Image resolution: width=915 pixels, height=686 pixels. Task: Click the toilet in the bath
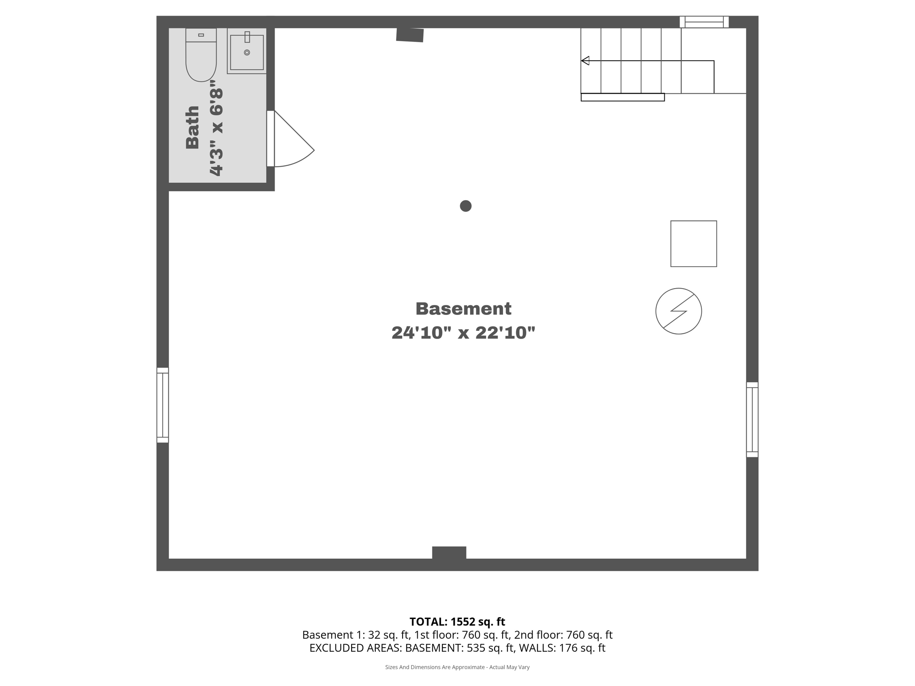click(201, 55)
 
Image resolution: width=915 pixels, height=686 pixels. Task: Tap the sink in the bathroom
click(247, 51)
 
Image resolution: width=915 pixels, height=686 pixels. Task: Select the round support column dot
click(466, 206)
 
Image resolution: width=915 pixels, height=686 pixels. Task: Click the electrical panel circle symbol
click(678, 311)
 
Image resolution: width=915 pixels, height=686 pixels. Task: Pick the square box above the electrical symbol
click(693, 244)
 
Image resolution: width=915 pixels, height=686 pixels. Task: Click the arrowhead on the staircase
click(585, 61)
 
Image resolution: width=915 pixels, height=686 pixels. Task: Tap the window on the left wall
click(163, 405)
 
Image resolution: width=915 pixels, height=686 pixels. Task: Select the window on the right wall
click(752, 419)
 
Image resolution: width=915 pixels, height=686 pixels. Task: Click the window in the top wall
click(704, 22)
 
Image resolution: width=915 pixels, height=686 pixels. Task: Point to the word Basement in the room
click(463, 309)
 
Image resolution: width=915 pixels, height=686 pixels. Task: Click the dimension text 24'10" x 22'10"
click(463, 333)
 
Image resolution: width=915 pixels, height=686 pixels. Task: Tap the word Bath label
click(192, 127)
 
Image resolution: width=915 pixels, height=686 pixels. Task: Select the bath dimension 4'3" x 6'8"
click(216, 128)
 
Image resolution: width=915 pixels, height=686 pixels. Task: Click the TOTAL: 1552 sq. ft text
click(457, 622)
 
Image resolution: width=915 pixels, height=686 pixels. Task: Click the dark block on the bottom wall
click(449, 553)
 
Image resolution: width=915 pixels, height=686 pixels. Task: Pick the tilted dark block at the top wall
click(410, 35)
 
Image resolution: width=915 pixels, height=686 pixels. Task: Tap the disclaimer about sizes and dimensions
click(457, 667)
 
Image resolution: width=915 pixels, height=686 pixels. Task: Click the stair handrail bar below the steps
click(622, 97)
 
